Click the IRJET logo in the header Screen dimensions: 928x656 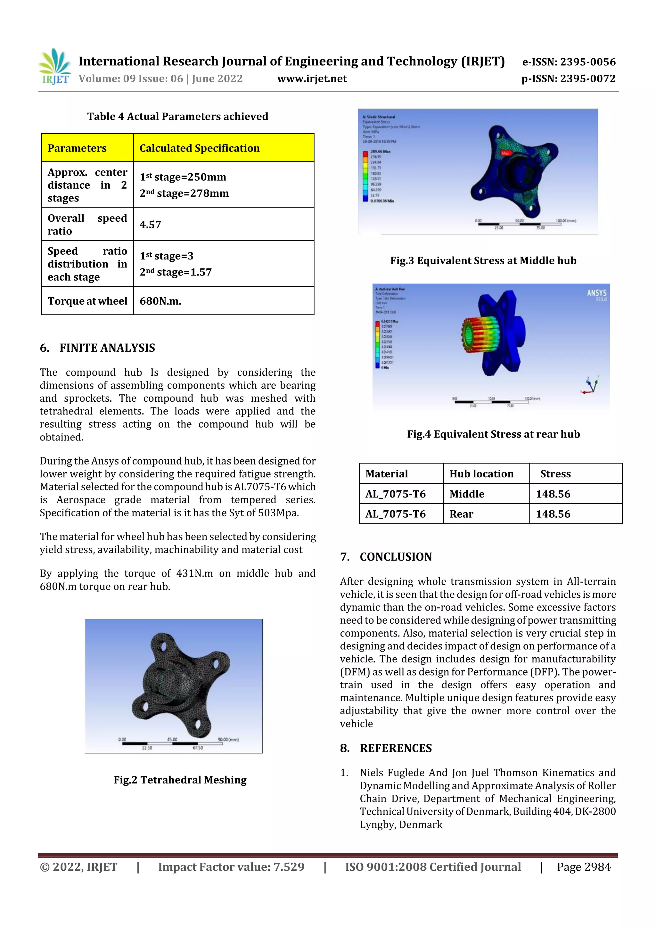coord(54,67)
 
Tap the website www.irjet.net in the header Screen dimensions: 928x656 coord(312,79)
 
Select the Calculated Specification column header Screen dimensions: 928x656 coord(199,148)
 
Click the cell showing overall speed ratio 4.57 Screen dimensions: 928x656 coord(150,225)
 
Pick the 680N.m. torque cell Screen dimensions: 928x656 coord(160,301)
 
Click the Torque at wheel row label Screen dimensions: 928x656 coord(87,301)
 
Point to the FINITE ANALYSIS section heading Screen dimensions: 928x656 coord(107,348)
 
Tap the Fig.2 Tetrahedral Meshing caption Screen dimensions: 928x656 coord(180,780)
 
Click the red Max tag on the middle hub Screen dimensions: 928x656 coord(506,153)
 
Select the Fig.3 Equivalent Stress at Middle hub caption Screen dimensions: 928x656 coord(483,261)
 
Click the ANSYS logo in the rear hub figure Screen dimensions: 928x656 coord(597,294)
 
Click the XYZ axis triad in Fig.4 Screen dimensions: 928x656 coord(591,385)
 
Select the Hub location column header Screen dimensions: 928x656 coord(481,474)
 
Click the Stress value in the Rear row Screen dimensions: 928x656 coord(553,514)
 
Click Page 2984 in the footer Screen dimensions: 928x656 coord(583,867)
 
